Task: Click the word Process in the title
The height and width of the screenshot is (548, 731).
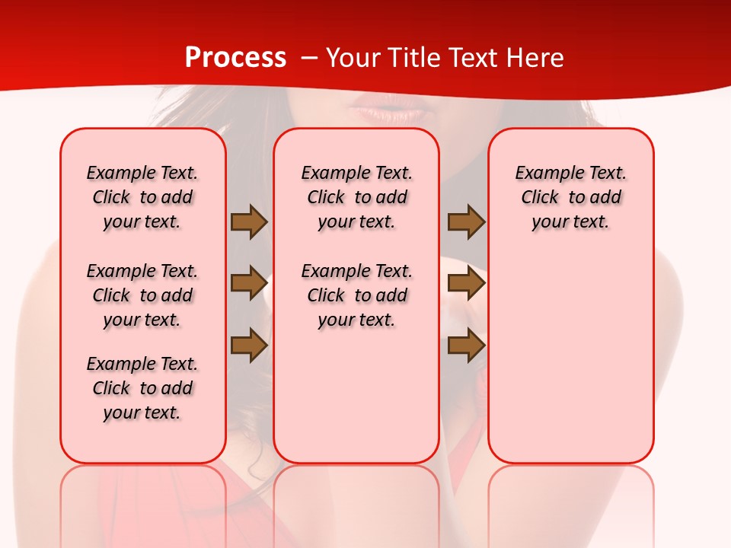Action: (x=235, y=58)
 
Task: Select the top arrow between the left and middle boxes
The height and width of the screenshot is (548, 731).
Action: (x=248, y=221)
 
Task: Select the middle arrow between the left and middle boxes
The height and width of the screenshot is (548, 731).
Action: (x=248, y=283)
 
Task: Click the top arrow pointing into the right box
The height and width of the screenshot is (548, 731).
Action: (x=466, y=221)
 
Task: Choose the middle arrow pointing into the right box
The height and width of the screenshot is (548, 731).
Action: (x=466, y=283)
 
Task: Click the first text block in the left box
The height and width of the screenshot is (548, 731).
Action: (x=142, y=197)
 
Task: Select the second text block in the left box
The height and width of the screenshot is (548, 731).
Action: (x=142, y=295)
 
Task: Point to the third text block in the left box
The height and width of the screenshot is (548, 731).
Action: (x=142, y=388)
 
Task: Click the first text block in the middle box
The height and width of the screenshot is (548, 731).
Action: (x=356, y=197)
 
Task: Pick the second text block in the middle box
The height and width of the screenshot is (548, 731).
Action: (x=356, y=295)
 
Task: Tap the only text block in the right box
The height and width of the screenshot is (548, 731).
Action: (x=570, y=197)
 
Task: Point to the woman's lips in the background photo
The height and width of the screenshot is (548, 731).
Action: (x=379, y=111)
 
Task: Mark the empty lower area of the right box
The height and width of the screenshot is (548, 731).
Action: (x=570, y=358)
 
